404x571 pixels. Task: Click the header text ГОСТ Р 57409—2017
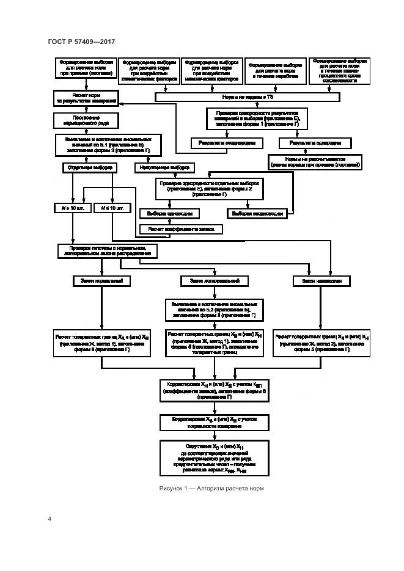click(x=81, y=42)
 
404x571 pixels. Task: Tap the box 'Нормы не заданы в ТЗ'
click(x=247, y=97)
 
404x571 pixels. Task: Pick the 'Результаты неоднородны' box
click(x=226, y=143)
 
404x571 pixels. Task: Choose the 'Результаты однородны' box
click(x=315, y=143)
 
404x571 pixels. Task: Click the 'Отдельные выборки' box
click(x=89, y=167)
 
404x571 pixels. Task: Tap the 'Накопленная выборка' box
click(x=164, y=167)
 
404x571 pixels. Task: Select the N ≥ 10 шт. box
click(x=72, y=208)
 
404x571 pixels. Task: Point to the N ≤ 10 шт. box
click(x=111, y=208)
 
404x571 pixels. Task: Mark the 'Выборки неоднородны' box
click(x=257, y=214)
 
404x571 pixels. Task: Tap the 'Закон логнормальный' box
click(x=214, y=281)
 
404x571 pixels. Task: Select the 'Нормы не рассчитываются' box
click(x=314, y=161)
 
